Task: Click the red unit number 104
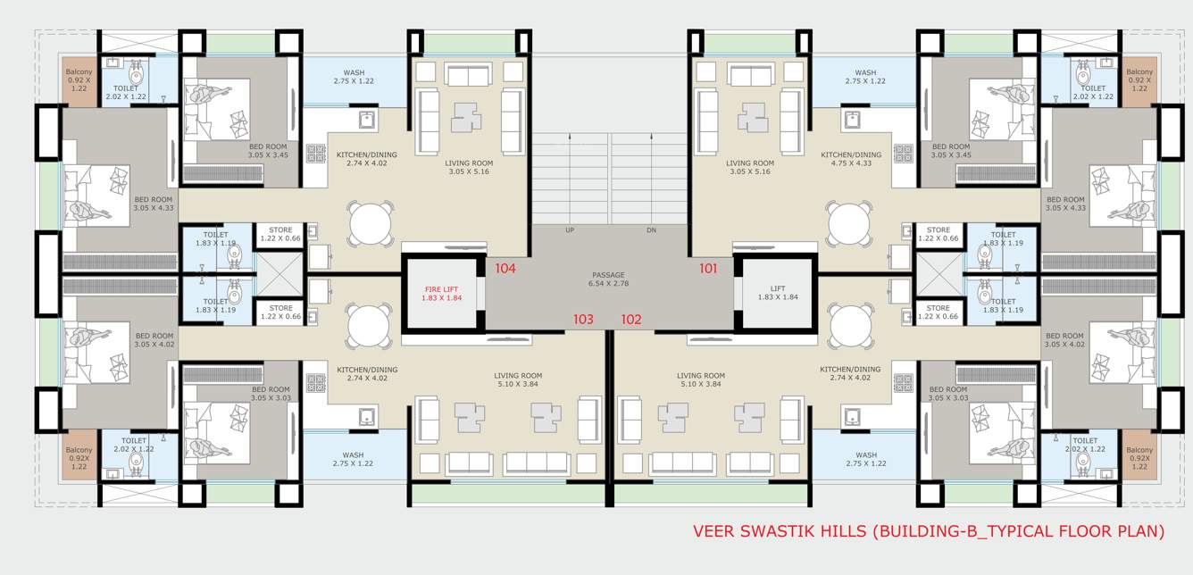click(505, 268)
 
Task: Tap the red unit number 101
click(708, 268)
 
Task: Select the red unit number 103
click(583, 319)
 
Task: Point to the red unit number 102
click(631, 319)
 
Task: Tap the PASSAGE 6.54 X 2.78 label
click(608, 279)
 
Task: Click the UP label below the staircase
click(570, 230)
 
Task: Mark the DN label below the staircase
click(652, 230)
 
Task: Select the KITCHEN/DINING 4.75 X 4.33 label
click(851, 159)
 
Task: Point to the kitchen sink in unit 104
click(365, 119)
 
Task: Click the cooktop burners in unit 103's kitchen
click(316, 382)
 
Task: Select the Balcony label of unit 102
click(1139, 458)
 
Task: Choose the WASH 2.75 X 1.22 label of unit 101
click(864, 77)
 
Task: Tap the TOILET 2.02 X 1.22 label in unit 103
click(134, 446)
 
